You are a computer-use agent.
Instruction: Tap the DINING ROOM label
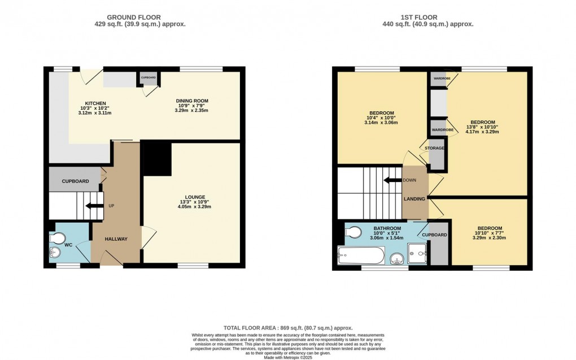(193, 101)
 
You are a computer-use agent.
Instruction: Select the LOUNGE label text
(194, 197)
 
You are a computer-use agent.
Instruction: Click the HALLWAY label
(115, 239)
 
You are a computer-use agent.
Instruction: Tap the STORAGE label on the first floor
(435, 148)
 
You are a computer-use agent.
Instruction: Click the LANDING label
(414, 198)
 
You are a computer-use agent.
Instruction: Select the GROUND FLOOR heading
(140, 18)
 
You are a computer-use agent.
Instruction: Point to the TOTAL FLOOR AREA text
(288, 328)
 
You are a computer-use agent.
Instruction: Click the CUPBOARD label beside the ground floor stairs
(75, 181)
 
